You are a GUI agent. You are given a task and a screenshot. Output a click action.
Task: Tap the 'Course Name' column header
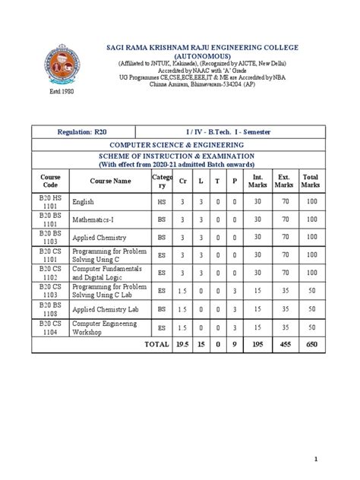pyautogui.click(x=110, y=181)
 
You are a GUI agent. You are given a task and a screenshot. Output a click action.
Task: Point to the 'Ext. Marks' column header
pyautogui.click(x=284, y=181)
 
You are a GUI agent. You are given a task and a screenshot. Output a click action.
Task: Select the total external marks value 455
pyautogui.click(x=284, y=344)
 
